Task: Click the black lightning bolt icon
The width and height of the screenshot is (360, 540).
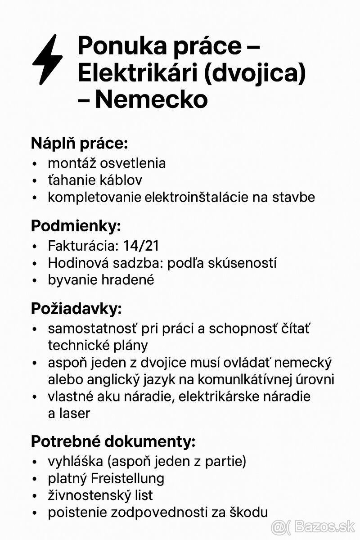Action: click(47, 59)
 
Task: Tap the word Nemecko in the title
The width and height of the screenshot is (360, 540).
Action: click(152, 99)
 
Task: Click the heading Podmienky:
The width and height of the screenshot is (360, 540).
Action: click(76, 226)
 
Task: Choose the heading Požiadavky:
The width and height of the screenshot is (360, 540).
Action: click(76, 309)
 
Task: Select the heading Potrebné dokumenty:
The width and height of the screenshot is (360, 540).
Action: click(113, 442)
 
